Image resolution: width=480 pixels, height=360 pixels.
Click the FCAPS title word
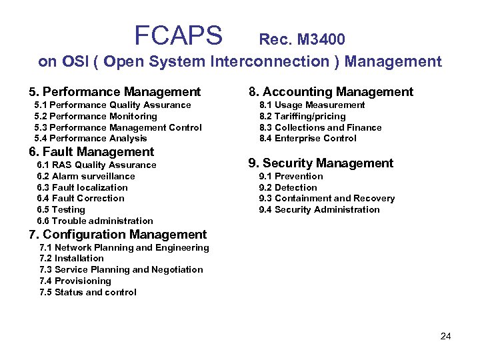click(x=178, y=35)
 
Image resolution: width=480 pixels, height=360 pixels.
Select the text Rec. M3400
click(x=301, y=40)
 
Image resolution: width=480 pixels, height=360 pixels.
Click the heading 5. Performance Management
click(x=114, y=92)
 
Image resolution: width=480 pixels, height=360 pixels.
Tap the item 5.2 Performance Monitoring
click(x=95, y=116)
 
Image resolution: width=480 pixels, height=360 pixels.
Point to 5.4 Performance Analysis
click(x=91, y=139)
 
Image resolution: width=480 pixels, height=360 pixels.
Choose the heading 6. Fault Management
click(x=91, y=152)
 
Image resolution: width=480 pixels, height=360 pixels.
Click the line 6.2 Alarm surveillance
click(x=86, y=177)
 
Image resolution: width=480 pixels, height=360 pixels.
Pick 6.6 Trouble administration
click(x=95, y=221)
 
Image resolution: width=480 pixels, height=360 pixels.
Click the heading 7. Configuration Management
click(x=117, y=235)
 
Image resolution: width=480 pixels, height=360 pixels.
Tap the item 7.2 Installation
click(x=72, y=259)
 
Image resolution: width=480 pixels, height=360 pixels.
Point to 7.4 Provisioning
click(x=75, y=281)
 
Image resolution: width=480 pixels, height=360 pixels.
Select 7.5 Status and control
click(x=88, y=293)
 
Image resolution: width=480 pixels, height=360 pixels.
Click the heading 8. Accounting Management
click(x=331, y=92)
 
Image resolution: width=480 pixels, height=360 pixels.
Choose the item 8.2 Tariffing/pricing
click(x=302, y=116)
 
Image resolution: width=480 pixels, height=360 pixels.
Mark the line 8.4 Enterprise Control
click(x=307, y=139)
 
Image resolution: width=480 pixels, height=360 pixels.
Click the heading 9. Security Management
click(x=321, y=163)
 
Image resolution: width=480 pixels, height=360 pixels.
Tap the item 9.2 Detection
click(x=288, y=188)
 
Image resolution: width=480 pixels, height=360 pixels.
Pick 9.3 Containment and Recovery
click(x=327, y=199)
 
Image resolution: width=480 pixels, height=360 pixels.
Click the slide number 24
click(x=445, y=336)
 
